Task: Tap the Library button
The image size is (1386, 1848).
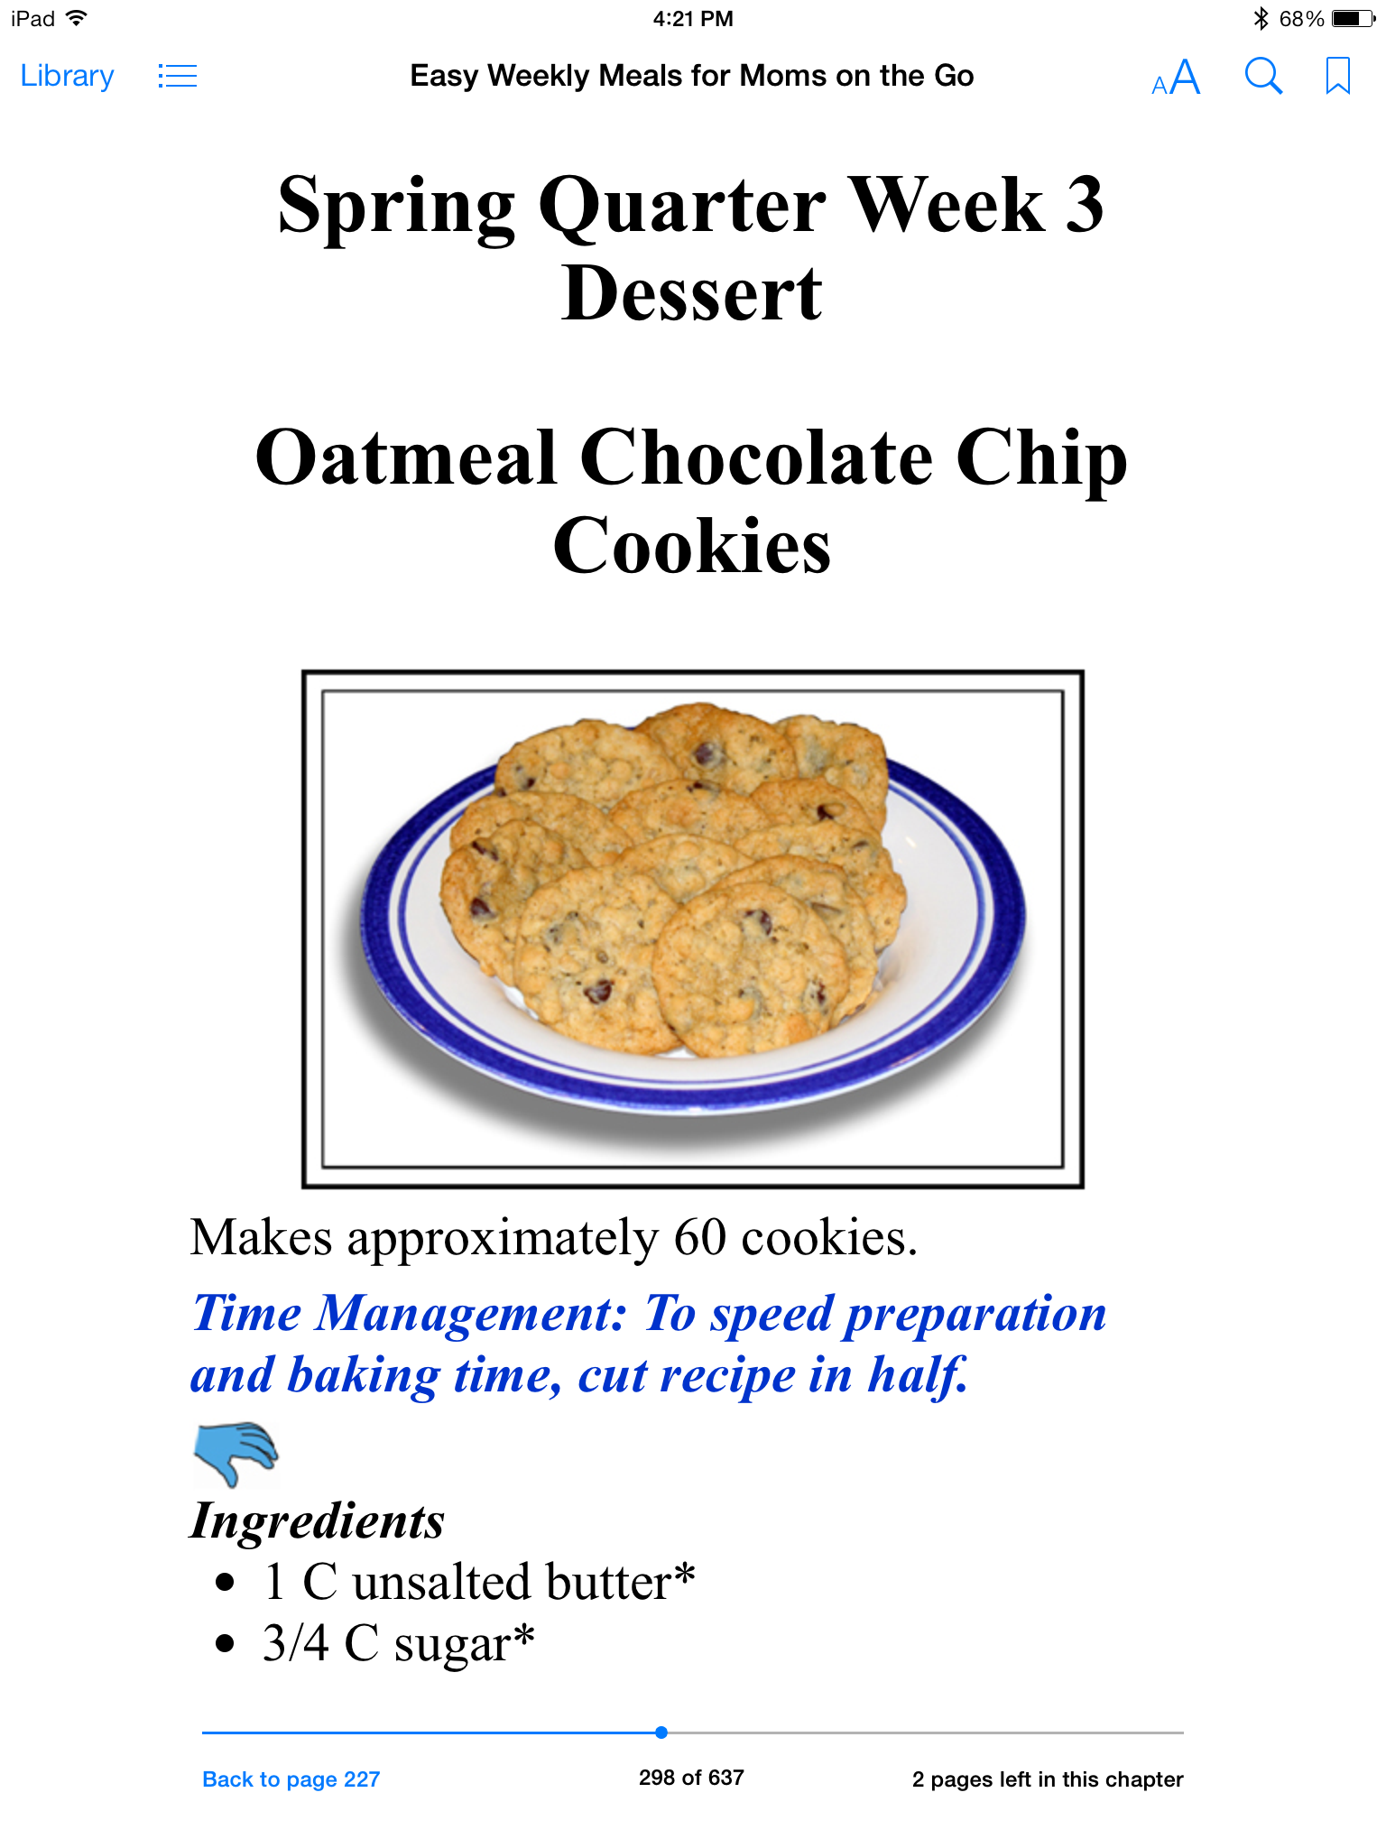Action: click(x=67, y=77)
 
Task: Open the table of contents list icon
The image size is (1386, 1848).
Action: click(x=177, y=76)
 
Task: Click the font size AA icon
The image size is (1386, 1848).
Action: click(x=1176, y=78)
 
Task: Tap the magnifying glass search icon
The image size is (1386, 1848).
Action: click(x=1263, y=77)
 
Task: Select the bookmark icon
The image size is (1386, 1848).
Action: click(x=1337, y=76)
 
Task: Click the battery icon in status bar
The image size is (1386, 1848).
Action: click(x=1353, y=18)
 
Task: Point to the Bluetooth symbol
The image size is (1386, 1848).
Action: click(x=1261, y=18)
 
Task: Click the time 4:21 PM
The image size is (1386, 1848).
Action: click(x=693, y=18)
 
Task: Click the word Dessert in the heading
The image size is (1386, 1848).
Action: click(x=692, y=293)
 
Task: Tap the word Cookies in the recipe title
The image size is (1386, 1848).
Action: click(x=692, y=546)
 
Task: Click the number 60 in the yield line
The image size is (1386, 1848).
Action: click(x=700, y=1237)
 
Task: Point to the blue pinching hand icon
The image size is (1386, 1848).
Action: click(x=236, y=1454)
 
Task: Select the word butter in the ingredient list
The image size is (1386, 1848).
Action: click(x=608, y=1582)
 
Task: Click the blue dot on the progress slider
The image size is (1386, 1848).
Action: click(x=661, y=1732)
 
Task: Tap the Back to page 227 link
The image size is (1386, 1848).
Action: click(x=291, y=1779)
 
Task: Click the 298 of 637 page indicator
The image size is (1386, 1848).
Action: click(x=691, y=1778)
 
